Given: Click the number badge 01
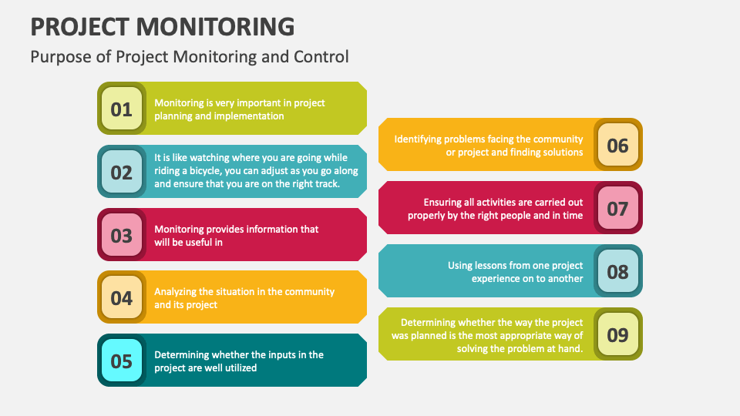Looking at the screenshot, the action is pyautogui.click(x=122, y=109).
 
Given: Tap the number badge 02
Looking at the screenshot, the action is pyautogui.click(x=122, y=172).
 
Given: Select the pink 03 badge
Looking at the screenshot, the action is pyautogui.click(x=122, y=235).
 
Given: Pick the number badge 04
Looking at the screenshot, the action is pyautogui.click(x=122, y=297).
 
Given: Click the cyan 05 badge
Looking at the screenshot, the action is pyautogui.click(x=122, y=361).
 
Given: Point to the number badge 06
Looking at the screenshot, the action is pyautogui.click(x=617, y=145).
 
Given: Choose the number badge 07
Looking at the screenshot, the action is pyautogui.click(x=617, y=208).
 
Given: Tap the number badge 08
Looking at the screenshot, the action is pyautogui.click(x=617, y=271).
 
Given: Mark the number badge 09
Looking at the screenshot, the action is pyautogui.click(x=617, y=334).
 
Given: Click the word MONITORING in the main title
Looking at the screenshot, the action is pyautogui.click(x=216, y=26).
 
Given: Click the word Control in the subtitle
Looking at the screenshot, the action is pyautogui.click(x=321, y=56).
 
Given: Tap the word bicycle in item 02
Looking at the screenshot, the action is pyautogui.click(x=205, y=171).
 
